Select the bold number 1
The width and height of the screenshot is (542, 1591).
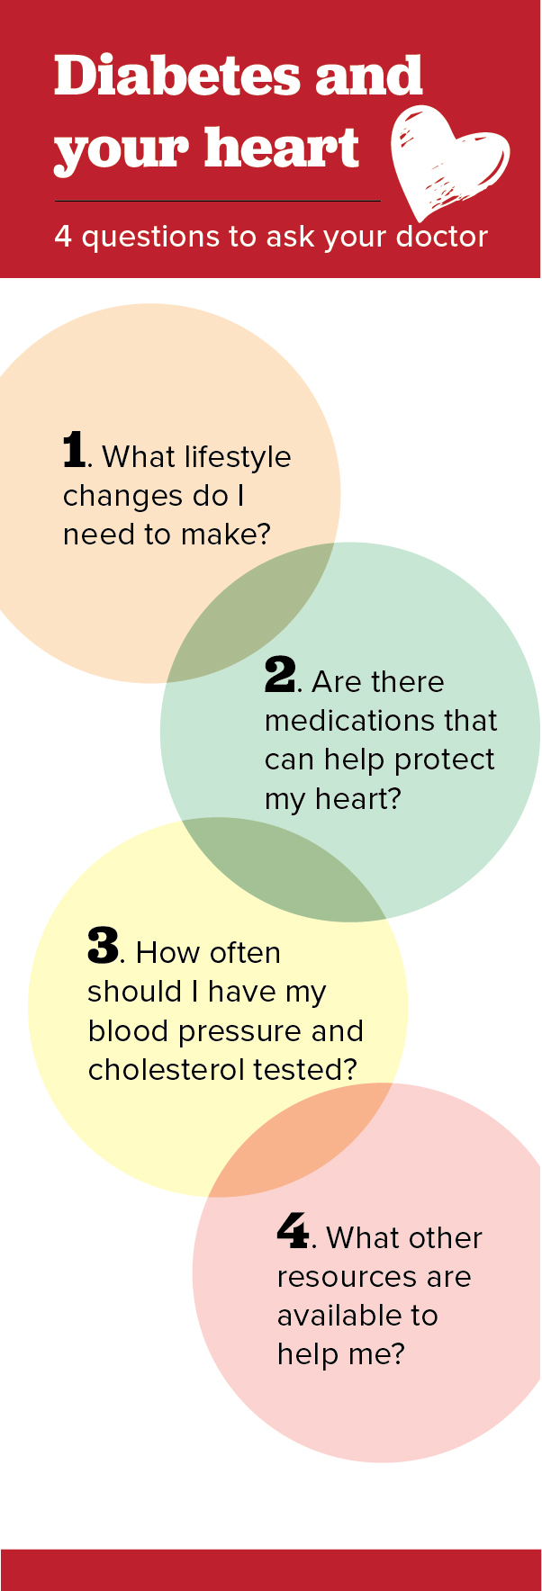[74, 450]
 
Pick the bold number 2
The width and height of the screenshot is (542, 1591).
[279, 675]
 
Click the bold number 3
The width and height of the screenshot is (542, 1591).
[103, 946]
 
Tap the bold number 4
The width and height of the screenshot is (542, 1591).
[293, 1231]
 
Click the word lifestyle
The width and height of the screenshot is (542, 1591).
[237, 458]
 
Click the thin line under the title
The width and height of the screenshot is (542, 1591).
[217, 201]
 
